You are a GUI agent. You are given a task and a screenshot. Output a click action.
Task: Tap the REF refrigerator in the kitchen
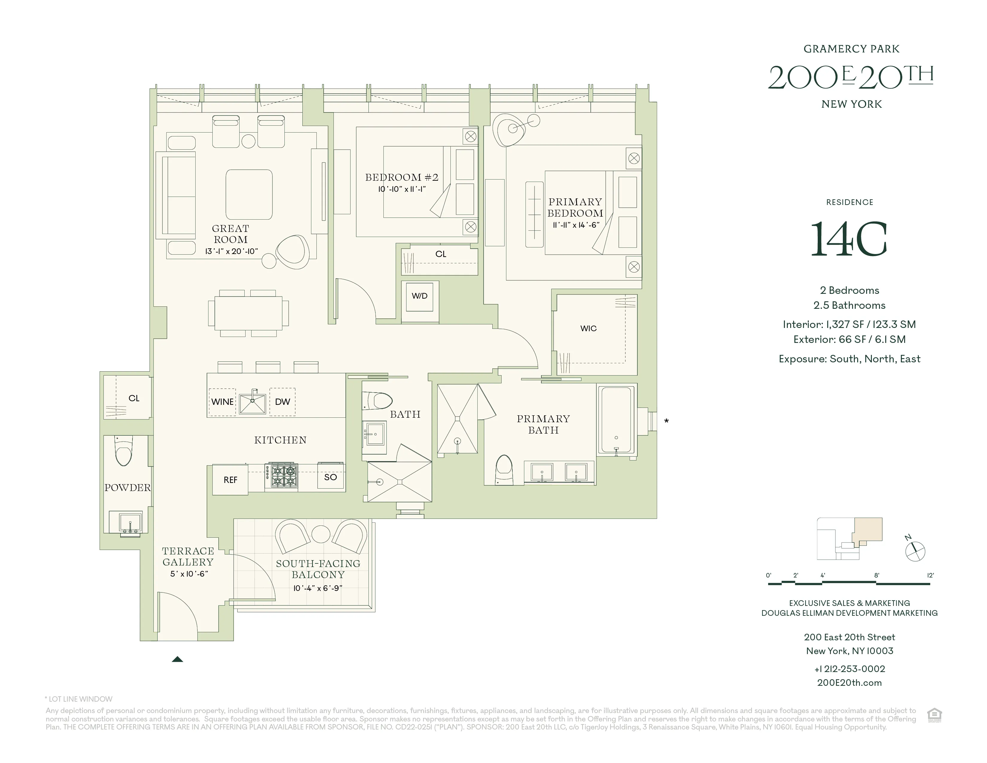tap(230, 480)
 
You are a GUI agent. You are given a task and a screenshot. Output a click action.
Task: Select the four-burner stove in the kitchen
tap(284, 476)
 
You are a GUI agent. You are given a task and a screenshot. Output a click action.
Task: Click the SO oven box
tap(330, 477)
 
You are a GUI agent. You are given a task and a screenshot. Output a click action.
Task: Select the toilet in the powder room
tap(123, 451)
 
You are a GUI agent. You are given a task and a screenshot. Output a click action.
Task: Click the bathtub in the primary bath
tap(616, 420)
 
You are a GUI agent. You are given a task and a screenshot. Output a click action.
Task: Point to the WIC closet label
tap(588, 329)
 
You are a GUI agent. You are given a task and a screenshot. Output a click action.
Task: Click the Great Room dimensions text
tap(231, 251)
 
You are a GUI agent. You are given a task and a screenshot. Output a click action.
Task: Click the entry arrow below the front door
tap(177, 659)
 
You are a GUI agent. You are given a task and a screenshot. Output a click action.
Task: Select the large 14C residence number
tap(849, 240)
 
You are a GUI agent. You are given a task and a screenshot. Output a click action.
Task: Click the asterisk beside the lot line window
tap(666, 421)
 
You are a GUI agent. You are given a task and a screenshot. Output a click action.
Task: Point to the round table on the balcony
tap(321, 534)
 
